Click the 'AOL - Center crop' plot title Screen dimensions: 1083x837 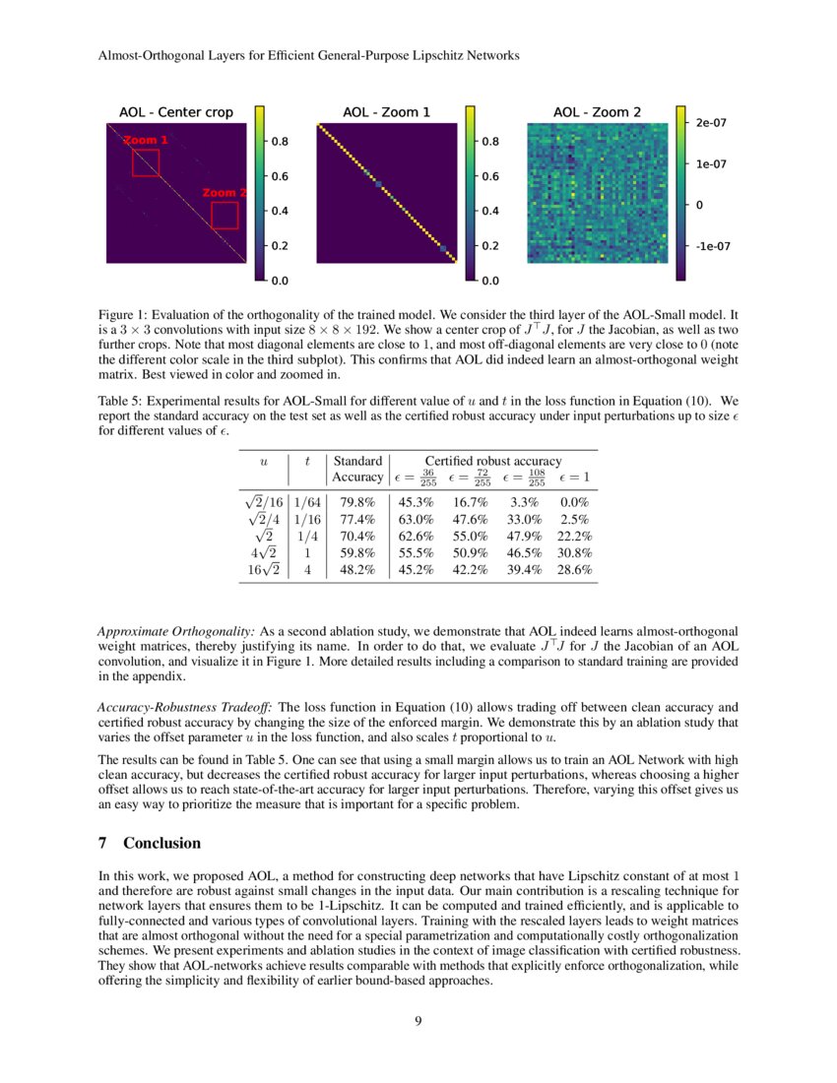coord(176,112)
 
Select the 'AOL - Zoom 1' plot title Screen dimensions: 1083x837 coord(386,112)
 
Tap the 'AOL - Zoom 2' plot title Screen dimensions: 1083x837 coord(597,112)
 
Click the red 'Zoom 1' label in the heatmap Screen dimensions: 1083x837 coord(145,141)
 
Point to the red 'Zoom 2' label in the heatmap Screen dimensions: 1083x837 coord(225,193)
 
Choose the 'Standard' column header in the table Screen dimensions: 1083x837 coord(358,460)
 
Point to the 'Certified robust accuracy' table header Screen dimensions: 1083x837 coord(492,460)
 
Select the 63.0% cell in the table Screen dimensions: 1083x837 coord(415,518)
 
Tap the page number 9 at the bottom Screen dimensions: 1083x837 coord(418,1020)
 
